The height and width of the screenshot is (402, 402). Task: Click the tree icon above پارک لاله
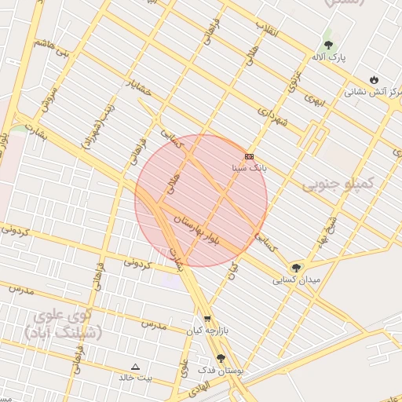[328, 45]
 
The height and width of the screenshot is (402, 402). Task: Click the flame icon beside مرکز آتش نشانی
[374, 79]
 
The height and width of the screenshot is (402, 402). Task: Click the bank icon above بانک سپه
[250, 156]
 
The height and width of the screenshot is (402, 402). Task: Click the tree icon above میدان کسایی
[296, 268]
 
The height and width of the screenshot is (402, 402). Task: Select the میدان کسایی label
[296, 280]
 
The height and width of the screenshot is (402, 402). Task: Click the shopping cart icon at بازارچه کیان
[207, 320]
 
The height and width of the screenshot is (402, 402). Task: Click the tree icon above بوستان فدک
[220, 357]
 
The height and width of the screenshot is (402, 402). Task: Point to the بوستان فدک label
[221, 369]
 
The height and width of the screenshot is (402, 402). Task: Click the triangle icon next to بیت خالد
[135, 367]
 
